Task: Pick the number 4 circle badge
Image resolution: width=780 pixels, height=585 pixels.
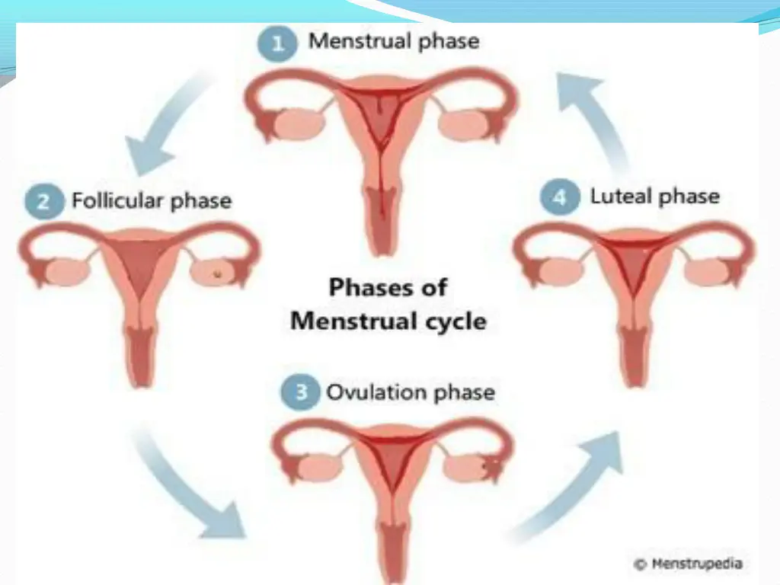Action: click(x=558, y=197)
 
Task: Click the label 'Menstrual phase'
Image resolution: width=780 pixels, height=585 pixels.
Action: click(x=393, y=41)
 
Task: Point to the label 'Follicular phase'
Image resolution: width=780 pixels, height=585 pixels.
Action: click(x=151, y=201)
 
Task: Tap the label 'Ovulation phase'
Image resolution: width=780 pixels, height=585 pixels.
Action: click(x=410, y=393)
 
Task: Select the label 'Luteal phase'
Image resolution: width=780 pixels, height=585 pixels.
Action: click(x=654, y=197)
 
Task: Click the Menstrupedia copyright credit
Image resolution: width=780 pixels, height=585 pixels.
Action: click(x=687, y=564)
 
